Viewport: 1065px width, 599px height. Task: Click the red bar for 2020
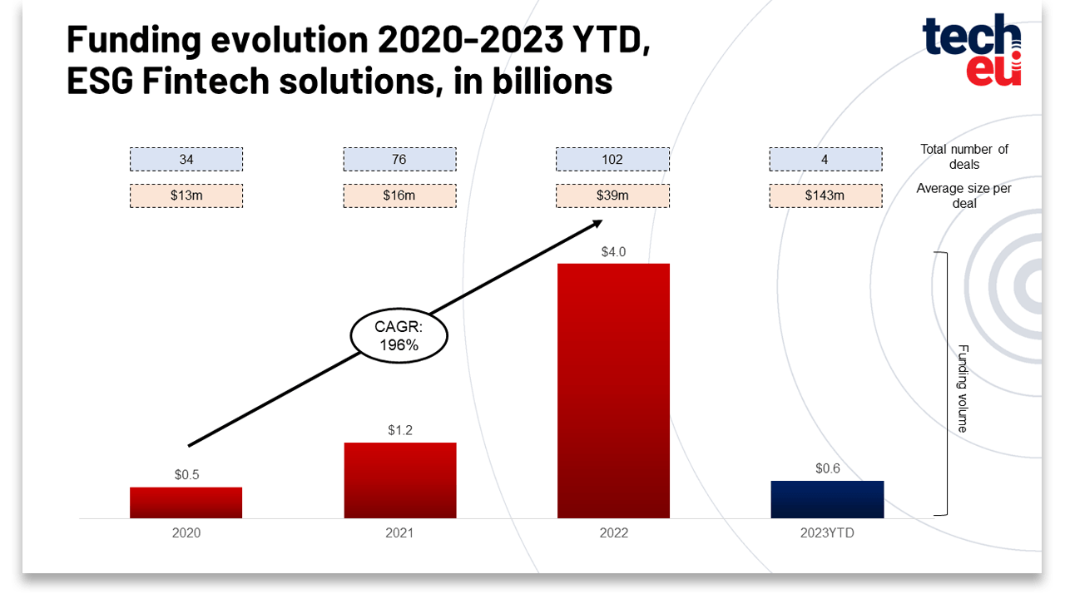click(x=186, y=502)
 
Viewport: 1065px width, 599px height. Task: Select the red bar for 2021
click(x=400, y=480)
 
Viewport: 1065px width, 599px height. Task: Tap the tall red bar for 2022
click(x=613, y=391)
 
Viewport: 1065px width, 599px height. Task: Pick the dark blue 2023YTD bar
click(x=827, y=499)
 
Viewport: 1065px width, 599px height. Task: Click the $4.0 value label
click(x=613, y=252)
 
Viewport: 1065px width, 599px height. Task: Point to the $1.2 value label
click(x=400, y=430)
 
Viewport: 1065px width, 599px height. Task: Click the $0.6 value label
click(x=828, y=468)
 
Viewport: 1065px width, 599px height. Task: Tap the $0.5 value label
click(x=186, y=474)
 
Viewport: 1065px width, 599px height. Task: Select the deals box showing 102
click(x=613, y=159)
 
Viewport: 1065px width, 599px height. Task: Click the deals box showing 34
click(x=186, y=159)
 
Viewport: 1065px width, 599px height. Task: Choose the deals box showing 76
click(x=400, y=159)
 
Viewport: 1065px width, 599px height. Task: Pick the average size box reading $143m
click(x=826, y=196)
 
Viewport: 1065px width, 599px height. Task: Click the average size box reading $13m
click(x=186, y=196)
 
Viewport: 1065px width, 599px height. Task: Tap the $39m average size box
click(x=613, y=196)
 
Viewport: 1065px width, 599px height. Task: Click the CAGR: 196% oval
click(x=399, y=335)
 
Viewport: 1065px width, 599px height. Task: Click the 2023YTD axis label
click(x=827, y=533)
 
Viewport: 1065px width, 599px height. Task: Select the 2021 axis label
click(x=399, y=533)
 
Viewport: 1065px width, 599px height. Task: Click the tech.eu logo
click(x=972, y=50)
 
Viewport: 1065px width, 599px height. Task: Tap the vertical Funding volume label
click(x=963, y=389)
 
